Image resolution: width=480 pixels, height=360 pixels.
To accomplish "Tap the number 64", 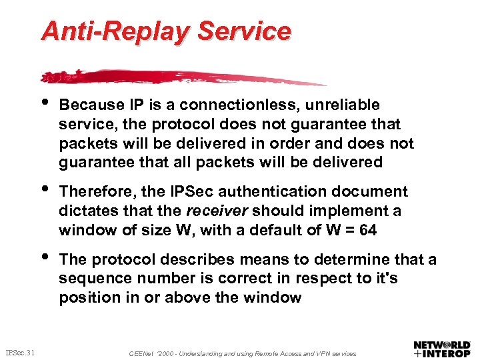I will coord(367,231).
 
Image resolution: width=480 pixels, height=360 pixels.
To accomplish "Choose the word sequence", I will coord(88,279).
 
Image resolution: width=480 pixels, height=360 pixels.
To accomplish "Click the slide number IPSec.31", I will coord(21,352).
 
